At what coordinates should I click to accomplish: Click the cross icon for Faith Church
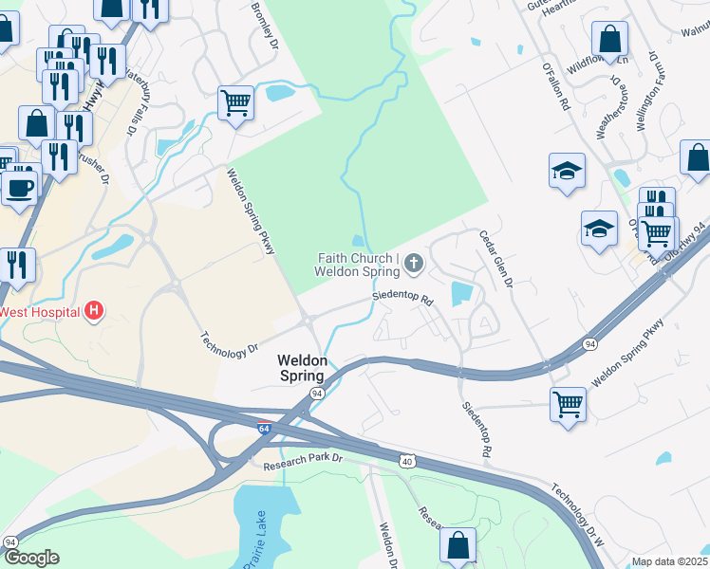coord(413,263)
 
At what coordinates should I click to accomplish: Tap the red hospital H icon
coord(93,310)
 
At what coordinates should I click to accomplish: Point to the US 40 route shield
coord(406,462)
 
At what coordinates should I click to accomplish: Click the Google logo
coord(31,558)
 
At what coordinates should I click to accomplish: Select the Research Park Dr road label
coord(304,460)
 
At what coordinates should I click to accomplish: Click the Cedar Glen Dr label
coord(495,259)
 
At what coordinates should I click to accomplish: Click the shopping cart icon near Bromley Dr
coord(235,101)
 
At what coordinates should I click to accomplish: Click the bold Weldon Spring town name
coord(303,368)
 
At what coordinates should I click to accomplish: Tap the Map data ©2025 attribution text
coord(669,561)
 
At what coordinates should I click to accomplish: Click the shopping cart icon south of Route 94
coord(568,403)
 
